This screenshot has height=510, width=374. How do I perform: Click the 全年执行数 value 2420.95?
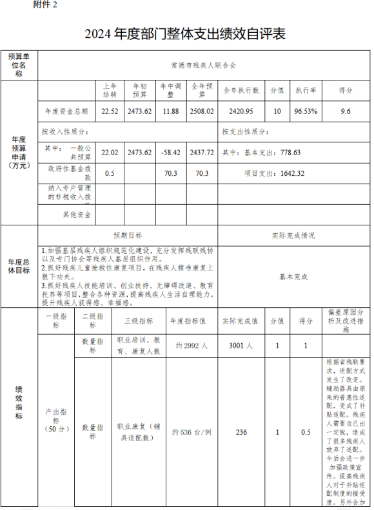pos(241,111)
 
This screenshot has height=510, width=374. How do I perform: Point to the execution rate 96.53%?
pos(306,111)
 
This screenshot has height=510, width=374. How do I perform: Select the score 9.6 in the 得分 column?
pos(346,111)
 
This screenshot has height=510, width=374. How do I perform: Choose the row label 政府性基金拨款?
pos(70,173)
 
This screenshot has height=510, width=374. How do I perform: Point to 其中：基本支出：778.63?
pos(261,153)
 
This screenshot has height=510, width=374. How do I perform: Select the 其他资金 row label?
pos(76,214)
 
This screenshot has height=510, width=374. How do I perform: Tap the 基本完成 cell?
pos(293,276)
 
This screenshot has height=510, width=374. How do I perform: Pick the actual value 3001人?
pos(241,346)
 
